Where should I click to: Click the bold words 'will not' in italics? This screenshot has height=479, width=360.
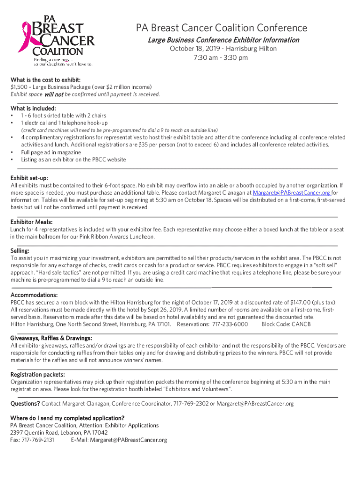tap(54, 94)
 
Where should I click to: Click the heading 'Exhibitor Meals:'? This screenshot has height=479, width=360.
tap(31, 222)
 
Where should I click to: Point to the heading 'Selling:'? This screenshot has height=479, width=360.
tap(21, 251)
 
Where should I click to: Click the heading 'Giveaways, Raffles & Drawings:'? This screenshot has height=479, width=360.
tap(51, 338)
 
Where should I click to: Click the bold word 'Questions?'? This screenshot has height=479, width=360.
tap(25, 404)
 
